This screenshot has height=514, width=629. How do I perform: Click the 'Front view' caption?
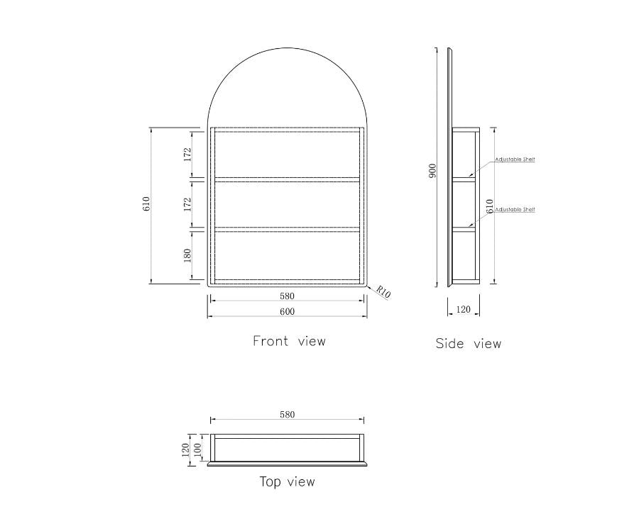pyautogui.click(x=289, y=341)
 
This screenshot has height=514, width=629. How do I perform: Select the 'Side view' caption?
pyautogui.click(x=468, y=344)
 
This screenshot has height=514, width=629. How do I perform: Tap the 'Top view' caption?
pyautogui.click(x=287, y=482)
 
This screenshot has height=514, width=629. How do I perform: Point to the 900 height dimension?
pyautogui.click(x=432, y=171)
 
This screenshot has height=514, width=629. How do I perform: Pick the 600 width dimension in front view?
pyautogui.click(x=287, y=311)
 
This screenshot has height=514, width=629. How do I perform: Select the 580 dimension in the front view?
pyautogui.click(x=287, y=296)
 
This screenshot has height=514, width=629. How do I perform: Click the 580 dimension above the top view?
pyautogui.click(x=287, y=415)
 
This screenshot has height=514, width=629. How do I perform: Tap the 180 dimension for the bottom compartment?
pyautogui.click(x=188, y=255)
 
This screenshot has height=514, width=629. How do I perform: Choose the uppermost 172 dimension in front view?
pyautogui.click(x=188, y=153)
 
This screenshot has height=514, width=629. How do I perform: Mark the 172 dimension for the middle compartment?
pyautogui.click(x=188, y=205)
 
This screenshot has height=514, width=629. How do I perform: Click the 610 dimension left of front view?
pyautogui.click(x=147, y=204)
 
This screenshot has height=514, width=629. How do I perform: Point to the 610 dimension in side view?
pyautogui.click(x=489, y=206)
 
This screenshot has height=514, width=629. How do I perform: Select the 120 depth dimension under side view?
pyautogui.click(x=463, y=309)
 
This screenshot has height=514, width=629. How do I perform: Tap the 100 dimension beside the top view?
pyautogui.click(x=198, y=449)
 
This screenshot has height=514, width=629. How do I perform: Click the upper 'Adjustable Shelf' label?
pyautogui.click(x=514, y=160)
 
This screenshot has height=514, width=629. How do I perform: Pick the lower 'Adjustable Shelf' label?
pyautogui.click(x=514, y=210)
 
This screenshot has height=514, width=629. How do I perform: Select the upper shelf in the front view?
pyautogui.click(x=287, y=179)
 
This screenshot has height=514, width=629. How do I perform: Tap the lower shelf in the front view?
pyautogui.click(x=287, y=229)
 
